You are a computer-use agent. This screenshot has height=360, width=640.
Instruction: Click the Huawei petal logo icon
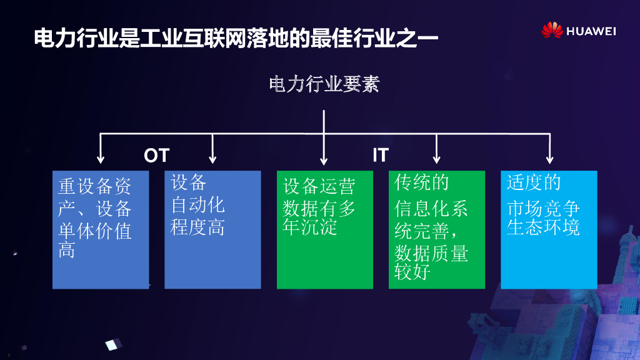click(552, 31)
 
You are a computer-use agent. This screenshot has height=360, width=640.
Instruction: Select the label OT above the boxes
click(156, 155)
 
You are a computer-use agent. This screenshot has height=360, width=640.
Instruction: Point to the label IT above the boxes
click(380, 155)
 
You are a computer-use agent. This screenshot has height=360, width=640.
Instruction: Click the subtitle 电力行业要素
click(324, 84)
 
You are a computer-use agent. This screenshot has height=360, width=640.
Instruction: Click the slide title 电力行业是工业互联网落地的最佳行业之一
click(236, 37)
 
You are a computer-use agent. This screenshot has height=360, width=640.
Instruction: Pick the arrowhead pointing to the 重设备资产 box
click(100, 159)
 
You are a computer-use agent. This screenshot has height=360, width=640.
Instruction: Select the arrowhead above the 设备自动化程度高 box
click(212, 159)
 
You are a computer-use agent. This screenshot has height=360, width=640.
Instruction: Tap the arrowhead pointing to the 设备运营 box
click(324, 159)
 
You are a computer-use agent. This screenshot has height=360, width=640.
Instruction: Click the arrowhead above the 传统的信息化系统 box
click(437, 159)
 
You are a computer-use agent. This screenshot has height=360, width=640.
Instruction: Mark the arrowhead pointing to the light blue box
click(549, 159)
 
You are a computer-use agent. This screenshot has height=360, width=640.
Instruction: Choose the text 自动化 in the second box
click(197, 205)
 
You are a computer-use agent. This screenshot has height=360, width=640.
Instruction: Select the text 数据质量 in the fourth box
click(431, 252)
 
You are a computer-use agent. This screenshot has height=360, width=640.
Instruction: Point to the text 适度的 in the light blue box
click(534, 182)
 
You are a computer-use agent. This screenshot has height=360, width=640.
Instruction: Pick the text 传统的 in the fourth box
click(422, 182)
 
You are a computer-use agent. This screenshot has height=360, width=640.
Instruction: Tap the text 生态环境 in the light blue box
click(543, 227)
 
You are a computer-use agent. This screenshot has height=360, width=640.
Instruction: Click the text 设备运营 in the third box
click(319, 186)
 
